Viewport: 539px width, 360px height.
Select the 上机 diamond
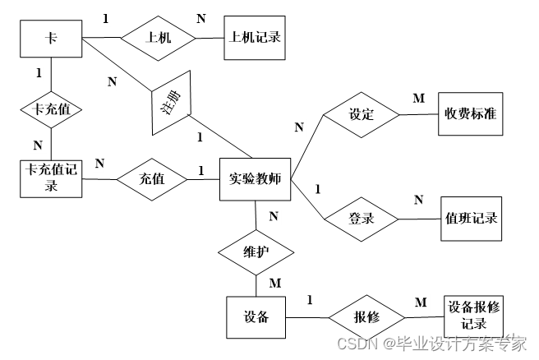158,38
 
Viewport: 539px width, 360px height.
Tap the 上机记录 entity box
254,38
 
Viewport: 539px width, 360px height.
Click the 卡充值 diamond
51,108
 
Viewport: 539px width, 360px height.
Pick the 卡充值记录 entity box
51,178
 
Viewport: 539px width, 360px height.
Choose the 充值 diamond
153,178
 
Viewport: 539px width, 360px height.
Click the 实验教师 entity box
256,178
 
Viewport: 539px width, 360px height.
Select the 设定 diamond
362,114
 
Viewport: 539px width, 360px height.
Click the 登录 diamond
362,219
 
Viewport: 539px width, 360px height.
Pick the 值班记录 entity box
470,219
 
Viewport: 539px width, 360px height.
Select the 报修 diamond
366,315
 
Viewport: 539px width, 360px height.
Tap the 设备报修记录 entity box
472,315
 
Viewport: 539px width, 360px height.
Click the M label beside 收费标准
419,99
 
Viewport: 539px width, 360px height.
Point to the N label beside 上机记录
201,18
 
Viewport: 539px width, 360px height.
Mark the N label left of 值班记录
418,200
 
